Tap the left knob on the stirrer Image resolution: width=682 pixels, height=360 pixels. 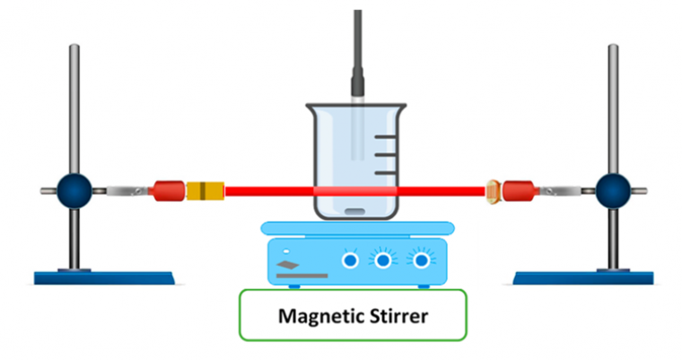[350, 259]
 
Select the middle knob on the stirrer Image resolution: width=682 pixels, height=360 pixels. [384, 259]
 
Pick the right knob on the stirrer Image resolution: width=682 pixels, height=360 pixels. [418, 259]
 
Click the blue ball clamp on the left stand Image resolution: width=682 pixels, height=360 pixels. [73, 190]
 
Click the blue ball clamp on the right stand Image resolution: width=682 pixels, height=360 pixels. [615, 190]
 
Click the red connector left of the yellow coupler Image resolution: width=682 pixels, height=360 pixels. [168, 190]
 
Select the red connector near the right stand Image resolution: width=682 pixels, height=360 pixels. [518, 190]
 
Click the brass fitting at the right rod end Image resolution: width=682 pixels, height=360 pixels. [493, 190]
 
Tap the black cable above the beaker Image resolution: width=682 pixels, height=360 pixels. [357, 45]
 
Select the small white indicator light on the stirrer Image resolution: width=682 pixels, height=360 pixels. [285, 249]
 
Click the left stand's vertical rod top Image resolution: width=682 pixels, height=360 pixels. [73, 49]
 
